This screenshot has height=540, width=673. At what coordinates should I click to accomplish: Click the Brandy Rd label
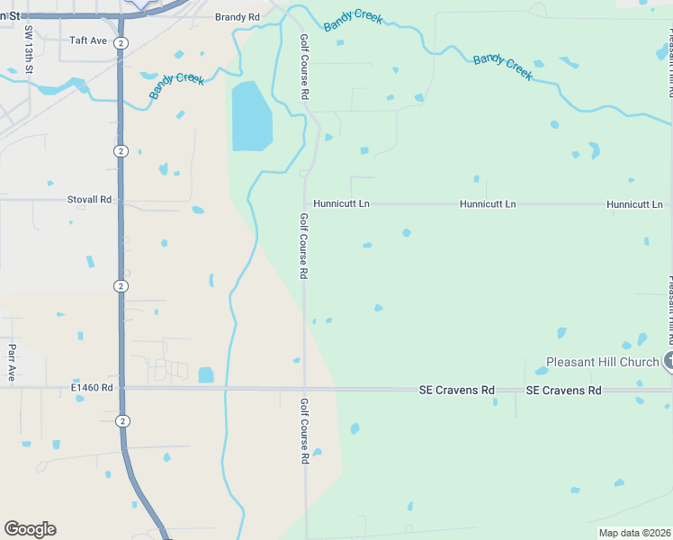[x=238, y=17]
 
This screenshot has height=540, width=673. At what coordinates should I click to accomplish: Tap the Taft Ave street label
[x=88, y=40]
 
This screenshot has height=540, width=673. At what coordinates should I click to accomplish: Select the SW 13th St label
[x=29, y=49]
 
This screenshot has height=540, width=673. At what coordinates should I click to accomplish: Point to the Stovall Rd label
[x=89, y=200]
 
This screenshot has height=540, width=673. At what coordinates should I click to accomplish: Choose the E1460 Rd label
[x=93, y=388]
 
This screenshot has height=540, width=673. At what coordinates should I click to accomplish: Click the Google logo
[x=30, y=529]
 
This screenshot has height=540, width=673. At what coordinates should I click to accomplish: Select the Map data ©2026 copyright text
[x=635, y=533]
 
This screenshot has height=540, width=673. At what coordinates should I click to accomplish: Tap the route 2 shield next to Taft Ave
[x=121, y=42]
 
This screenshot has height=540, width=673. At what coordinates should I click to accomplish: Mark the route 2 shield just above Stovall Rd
[x=121, y=150]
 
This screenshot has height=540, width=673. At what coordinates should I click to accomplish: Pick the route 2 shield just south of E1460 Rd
[x=121, y=420]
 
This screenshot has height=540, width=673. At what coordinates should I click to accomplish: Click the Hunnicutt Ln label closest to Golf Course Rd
[x=341, y=204]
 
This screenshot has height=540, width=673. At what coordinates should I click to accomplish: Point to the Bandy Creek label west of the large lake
[x=177, y=86]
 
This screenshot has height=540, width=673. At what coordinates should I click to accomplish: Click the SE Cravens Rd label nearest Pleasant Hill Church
[x=563, y=391]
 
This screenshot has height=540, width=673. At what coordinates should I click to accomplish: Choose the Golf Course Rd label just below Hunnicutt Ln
[x=304, y=246]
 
